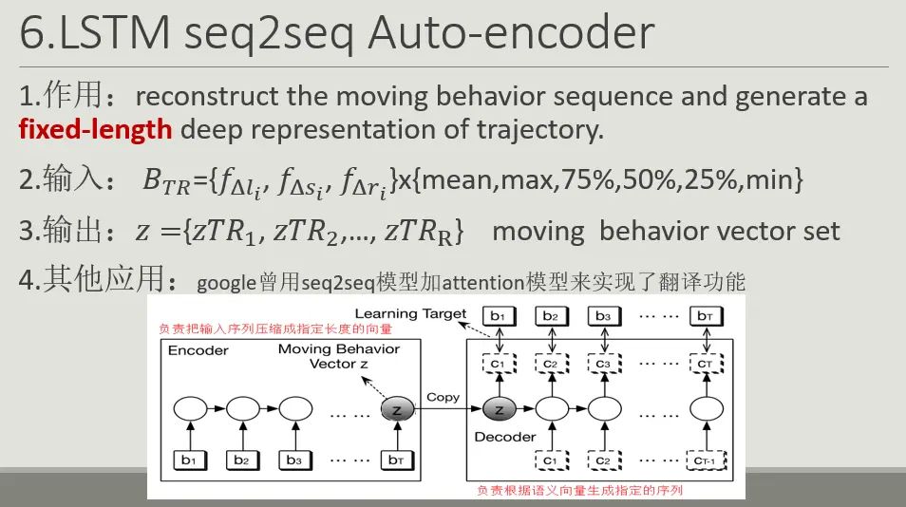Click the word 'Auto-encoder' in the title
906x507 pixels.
click(x=511, y=34)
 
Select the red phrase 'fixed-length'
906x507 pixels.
click(x=96, y=129)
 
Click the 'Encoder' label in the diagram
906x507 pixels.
click(x=198, y=350)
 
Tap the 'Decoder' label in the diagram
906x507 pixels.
click(x=505, y=437)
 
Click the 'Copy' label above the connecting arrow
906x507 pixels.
click(x=443, y=397)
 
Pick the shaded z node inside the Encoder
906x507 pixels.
click(x=396, y=409)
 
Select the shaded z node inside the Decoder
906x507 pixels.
click(x=499, y=409)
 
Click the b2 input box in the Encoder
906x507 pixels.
click(x=242, y=460)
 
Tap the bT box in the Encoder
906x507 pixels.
click(x=396, y=460)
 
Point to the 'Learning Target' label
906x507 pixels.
click(x=410, y=313)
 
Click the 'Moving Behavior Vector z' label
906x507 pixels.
click(x=339, y=357)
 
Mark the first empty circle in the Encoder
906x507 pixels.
click(x=189, y=409)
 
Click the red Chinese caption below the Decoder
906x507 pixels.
click(x=579, y=491)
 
